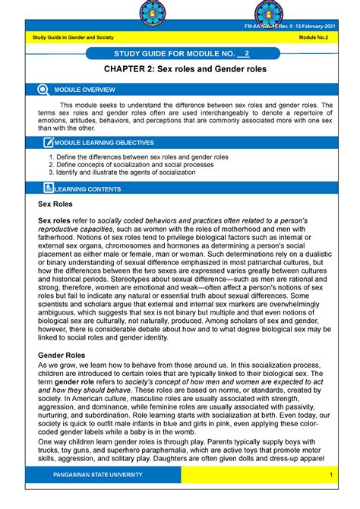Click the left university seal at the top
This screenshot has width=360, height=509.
coord(156,16)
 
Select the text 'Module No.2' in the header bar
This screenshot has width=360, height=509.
coord(317,40)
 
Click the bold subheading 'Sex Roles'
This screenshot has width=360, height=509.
coord(55,204)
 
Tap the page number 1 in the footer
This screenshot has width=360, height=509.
coord(332,475)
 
